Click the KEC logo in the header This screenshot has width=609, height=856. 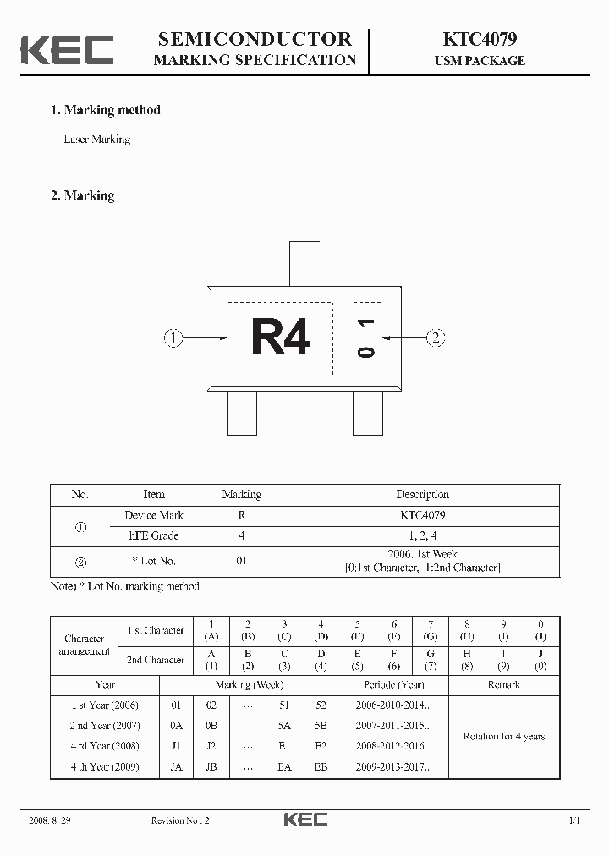67,50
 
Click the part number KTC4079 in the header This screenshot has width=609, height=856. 480,39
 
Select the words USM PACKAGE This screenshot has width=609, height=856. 480,61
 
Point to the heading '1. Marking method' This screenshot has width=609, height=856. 105,110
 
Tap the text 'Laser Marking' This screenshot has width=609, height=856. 97,140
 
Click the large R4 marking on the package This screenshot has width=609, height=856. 281,337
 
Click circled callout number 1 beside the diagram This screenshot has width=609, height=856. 173,338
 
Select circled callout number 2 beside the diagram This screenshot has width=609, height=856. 435,338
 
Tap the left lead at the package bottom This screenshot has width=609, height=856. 242,414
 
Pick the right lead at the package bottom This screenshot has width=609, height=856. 367,414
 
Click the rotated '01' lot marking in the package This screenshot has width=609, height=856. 366,337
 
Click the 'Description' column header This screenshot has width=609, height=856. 422,495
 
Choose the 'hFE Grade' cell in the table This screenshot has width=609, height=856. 153,535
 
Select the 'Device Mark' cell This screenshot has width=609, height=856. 153,515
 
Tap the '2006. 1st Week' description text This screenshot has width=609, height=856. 422,554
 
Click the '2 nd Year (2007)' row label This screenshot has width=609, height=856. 104,726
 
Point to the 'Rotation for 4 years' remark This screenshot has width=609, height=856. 503,736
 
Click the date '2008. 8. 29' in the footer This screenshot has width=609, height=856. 49,820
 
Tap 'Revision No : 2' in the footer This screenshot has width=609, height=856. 179,820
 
